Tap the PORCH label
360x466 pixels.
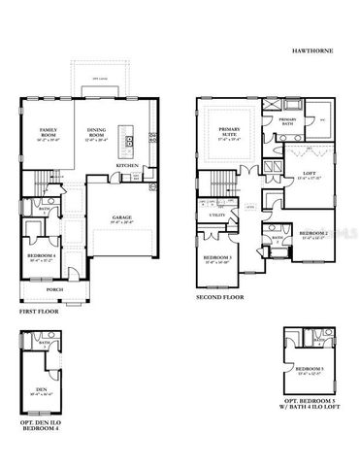click(x=54, y=288)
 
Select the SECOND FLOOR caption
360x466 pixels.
click(x=221, y=297)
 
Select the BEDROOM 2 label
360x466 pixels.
click(x=313, y=234)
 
